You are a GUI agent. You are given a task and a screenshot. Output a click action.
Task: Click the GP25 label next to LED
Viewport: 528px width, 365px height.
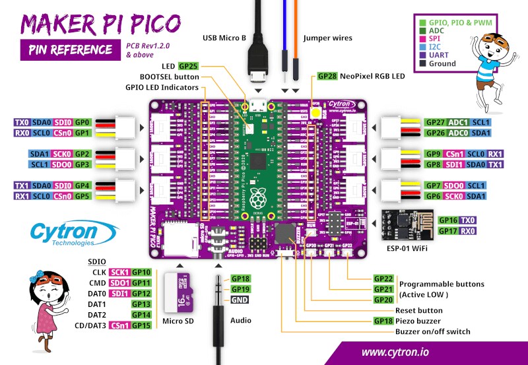(187, 67)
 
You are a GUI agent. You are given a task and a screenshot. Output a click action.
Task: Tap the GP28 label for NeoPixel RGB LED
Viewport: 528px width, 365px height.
(327, 77)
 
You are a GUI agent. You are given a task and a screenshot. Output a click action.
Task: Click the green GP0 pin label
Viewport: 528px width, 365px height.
(82, 123)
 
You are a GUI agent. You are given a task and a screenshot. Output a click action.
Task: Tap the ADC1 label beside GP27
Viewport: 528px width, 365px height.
(459, 123)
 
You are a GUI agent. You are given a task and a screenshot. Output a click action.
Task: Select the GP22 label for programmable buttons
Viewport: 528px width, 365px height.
(383, 279)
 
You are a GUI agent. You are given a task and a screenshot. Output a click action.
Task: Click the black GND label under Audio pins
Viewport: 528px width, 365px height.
(240, 300)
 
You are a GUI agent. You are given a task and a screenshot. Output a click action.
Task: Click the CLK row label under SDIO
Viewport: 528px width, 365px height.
(99, 272)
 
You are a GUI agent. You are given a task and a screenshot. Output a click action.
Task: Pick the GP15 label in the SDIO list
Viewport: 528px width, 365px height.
(142, 325)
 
